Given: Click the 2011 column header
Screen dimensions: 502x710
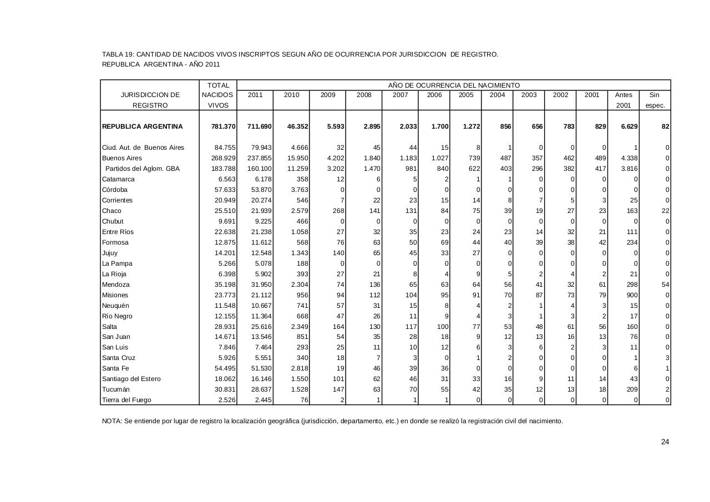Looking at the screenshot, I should coord(255,95).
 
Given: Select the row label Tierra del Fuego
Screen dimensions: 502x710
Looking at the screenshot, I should coord(126,400).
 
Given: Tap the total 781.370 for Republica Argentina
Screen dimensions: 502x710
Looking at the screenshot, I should coord(223,126).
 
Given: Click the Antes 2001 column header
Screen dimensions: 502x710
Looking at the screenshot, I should coord(623,100).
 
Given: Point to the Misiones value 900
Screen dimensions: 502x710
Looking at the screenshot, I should coord(631,295).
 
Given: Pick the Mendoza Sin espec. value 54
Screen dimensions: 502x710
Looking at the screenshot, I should coord(665,285).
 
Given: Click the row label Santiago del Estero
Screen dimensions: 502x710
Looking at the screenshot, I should coord(131,379).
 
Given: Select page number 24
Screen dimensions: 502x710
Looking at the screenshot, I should coord(665,442).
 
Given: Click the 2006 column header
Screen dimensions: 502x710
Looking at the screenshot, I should coord(435,95).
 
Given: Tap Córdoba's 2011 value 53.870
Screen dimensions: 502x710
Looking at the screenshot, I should coord(261,190).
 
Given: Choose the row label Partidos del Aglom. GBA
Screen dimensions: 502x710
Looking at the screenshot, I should coord(143,169).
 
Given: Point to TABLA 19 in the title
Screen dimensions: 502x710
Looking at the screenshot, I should coord(117,54).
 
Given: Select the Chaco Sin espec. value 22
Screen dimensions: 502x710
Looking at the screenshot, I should coord(665,211).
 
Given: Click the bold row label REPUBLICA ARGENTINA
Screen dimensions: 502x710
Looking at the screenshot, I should coord(143,126).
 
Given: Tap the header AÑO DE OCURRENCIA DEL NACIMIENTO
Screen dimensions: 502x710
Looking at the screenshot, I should coord(454,85).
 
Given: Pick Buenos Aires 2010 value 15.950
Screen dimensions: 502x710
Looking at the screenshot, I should coord(297,158).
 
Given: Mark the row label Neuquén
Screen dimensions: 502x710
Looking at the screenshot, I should coord(115,306).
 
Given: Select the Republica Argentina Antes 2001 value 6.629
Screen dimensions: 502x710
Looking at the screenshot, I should coord(629,126).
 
